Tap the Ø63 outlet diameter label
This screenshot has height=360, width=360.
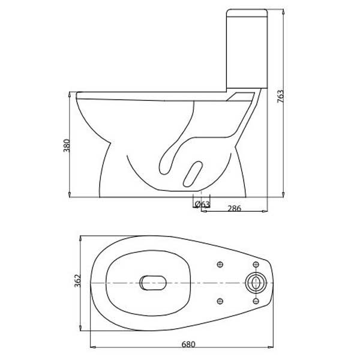[x=202, y=205]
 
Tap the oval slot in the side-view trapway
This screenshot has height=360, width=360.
[x=193, y=172]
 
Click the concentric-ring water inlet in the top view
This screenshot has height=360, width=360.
[x=256, y=282]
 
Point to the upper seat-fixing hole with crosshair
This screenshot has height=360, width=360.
[x=220, y=265]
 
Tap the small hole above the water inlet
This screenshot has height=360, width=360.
[x=256, y=264]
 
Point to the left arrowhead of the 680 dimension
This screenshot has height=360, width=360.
[x=92, y=346]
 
